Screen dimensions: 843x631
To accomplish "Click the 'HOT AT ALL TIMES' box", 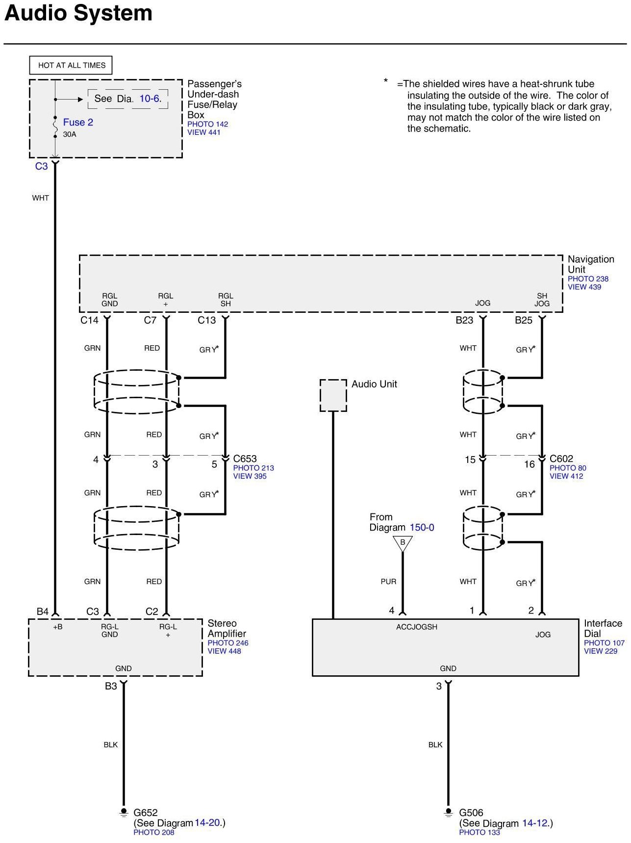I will coord(72,65).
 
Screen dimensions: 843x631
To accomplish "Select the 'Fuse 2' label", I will coord(78,122).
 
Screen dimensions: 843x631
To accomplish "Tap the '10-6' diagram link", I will coord(150,99).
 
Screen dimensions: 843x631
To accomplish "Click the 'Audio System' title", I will coord(78,13).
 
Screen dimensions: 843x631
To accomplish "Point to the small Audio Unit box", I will coord(333,395).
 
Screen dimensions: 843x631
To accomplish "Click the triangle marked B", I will coord(403,543).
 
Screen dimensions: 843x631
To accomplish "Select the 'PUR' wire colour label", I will coord(388,582).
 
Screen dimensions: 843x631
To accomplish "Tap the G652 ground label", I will coord(146,813).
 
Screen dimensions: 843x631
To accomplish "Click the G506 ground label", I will coord(471,813).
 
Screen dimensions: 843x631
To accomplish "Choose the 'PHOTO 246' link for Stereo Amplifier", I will coord(228,643).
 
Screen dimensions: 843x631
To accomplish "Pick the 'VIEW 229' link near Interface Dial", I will coord(601,651).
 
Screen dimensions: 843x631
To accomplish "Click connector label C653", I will coord(245,459).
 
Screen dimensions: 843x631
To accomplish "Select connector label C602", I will coord(561,459).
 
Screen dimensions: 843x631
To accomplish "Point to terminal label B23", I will coord(464,320).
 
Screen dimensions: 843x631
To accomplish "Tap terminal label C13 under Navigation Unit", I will coord(206,320).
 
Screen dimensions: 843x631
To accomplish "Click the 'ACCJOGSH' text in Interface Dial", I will coord(417,627).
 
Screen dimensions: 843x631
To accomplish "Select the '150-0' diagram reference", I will coord(422,528).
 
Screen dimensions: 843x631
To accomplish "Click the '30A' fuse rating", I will coord(70,134).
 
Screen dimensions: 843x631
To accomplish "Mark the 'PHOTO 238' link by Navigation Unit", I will coord(588,279).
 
